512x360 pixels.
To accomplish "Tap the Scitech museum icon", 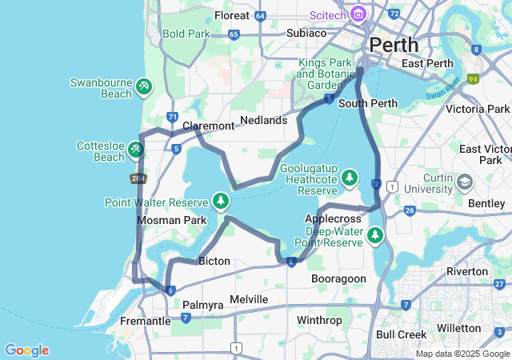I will pos(358,14).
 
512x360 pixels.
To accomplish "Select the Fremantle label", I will pos(145,321).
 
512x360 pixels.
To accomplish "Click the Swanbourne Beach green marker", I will pos(144,86).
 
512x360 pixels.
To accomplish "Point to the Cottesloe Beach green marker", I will pos(137,149).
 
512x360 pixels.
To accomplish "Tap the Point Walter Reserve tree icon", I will pos(222,200).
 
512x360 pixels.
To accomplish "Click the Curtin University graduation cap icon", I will pos(464,183).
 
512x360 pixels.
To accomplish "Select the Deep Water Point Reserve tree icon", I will pos(374,236).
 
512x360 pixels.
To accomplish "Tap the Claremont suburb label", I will pos(208,126).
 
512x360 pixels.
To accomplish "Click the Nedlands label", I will pos(263,120).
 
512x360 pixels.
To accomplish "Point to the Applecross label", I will pos(330,218).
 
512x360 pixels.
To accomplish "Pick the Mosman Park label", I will pos(171,220).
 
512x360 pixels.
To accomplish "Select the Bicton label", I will pos(214,261).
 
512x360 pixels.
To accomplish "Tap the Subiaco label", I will pos(306,33).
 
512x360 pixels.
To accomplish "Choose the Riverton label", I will pos(467,271).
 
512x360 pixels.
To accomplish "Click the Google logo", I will pos(26,350).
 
